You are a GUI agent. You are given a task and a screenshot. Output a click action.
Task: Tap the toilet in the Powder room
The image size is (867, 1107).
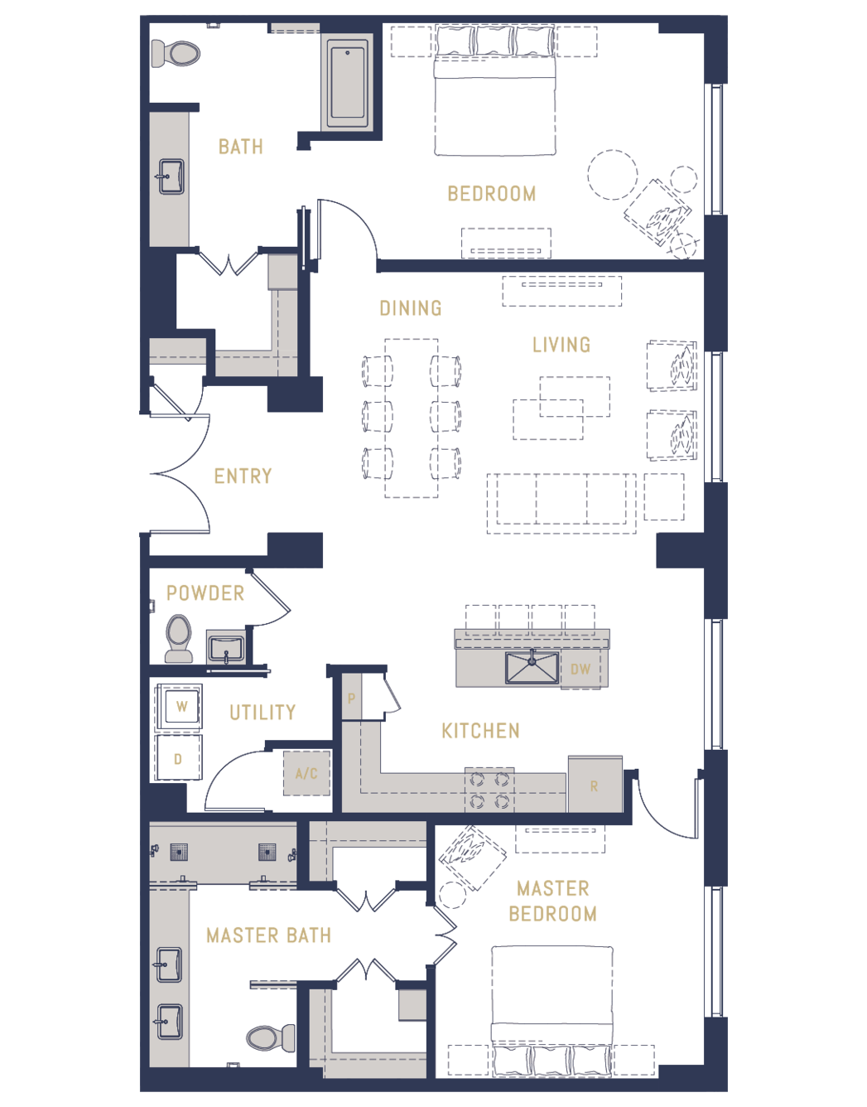pyautogui.click(x=179, y=638)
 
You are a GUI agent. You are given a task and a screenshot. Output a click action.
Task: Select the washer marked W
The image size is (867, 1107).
pyautogui.click(x=179, y=707)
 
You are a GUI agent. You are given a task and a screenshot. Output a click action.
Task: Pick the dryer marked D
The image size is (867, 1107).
pyautogui.click(x=179, y=757)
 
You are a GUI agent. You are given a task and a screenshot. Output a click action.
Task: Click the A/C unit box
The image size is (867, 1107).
pyautogui.click(x=307, y=774)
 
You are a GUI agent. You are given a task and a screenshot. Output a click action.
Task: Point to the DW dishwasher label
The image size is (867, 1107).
pyautogui.click(x=580, y=670)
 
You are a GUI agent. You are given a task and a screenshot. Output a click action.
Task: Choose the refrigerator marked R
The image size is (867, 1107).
pyautogui.click(x=595, y=785)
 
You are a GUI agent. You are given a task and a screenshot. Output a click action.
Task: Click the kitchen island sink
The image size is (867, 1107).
pyautogui.click(x=532, y=667)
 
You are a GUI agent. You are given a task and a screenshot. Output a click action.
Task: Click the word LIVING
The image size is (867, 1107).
pyautogui.click(x=561, y=345)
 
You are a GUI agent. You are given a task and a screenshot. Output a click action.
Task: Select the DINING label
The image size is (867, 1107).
pyautogui.click(x=411, y=308)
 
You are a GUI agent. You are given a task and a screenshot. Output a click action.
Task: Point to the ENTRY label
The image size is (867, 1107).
pyautogui.click(x=243, y=476)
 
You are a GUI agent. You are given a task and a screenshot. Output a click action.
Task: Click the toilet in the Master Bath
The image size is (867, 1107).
pyautogui.click(x=270, y=1038)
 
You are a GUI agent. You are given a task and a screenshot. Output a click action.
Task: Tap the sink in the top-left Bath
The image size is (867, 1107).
pyautogui.click(x=171, y=176)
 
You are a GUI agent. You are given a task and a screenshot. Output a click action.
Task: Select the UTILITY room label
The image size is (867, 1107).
pyautogui.click(x=263, y=713)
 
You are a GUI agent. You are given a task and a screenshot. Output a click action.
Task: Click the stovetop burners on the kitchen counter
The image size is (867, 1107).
pyautogui.click(x=489, y=790)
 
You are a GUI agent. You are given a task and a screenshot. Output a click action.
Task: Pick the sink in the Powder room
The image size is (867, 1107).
pyautogui.click(x=227, y=647)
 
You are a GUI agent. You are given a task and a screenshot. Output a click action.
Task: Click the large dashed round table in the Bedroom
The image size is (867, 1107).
pyautogui.click(x=613, y=175)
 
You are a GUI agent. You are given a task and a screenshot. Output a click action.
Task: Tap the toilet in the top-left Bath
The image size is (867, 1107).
pyautogui.click(x=176, y=53)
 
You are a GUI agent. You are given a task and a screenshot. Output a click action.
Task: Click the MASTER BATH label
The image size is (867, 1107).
pyautogui.click(x=269, y=935)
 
